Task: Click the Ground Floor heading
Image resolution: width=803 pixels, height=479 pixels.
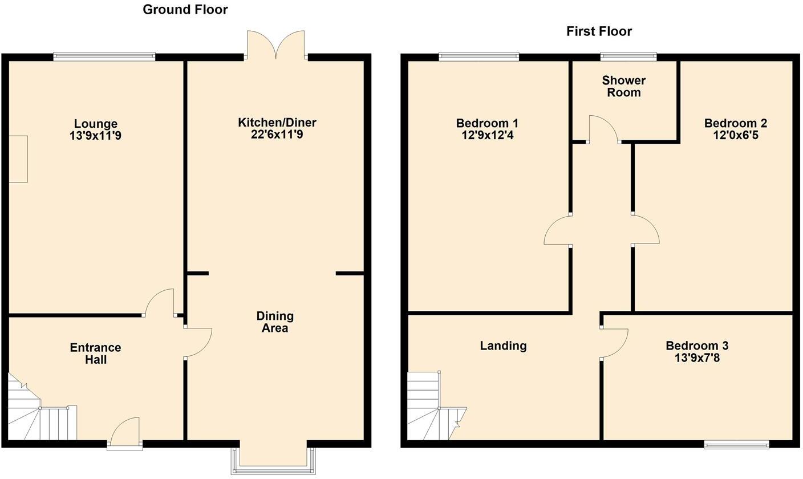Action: click(185, 10)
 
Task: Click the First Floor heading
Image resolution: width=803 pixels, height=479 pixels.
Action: click(599, 31)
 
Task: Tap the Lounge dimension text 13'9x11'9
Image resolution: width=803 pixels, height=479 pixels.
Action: click(96, 136)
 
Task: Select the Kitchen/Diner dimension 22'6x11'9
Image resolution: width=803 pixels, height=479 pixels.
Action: click(277, 135)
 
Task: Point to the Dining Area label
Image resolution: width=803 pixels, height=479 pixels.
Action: click(275, 322)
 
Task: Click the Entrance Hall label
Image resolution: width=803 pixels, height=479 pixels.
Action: click(96, 354)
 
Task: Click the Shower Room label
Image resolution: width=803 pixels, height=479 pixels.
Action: click(624, 87)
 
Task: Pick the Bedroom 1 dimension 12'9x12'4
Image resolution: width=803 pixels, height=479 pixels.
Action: click(487, 136)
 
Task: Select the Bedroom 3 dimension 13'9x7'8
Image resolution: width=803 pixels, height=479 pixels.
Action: click(696, 358)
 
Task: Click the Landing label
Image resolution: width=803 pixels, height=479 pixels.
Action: click(503, 346)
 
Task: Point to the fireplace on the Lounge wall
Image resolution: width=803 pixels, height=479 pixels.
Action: click(18, 159)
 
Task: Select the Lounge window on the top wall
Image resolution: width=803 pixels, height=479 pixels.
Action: click(104, 56)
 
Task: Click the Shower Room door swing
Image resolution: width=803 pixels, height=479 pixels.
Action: click(603, 128)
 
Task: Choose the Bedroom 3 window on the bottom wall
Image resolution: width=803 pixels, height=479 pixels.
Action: click(736, 444)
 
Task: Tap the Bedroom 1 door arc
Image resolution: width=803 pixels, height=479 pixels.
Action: click(558, 231)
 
